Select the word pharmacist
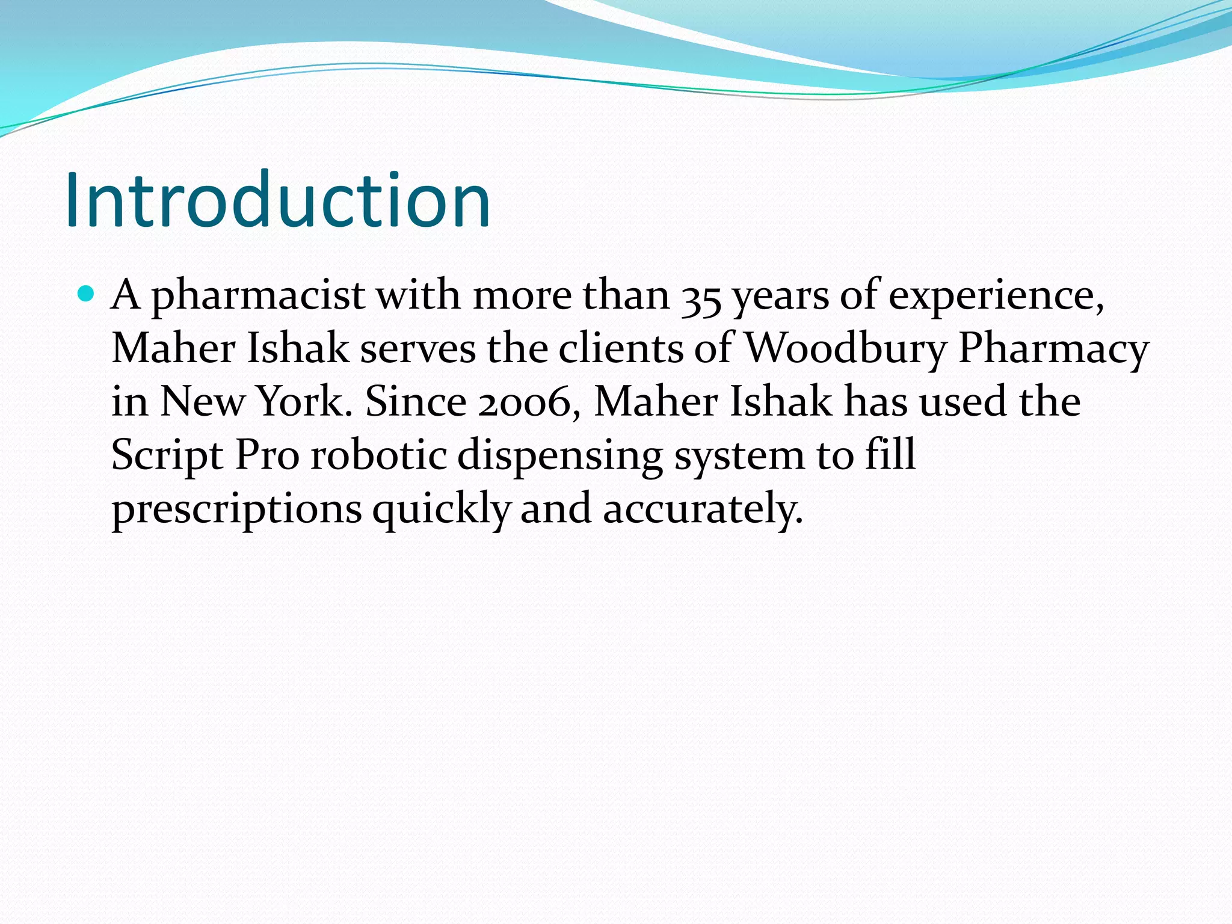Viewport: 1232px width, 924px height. [x=257, y=296]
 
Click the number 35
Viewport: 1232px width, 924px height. [x=701, y=297]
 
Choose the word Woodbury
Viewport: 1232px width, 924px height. [x=845, y=349]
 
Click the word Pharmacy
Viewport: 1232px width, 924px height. [x=1053, y=349]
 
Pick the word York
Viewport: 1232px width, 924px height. [x=301, y=401]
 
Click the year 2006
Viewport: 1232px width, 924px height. [x=525, y=402]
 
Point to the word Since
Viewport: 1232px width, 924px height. [x=416, y=401]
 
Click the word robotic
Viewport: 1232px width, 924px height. [x=378, y=454]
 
